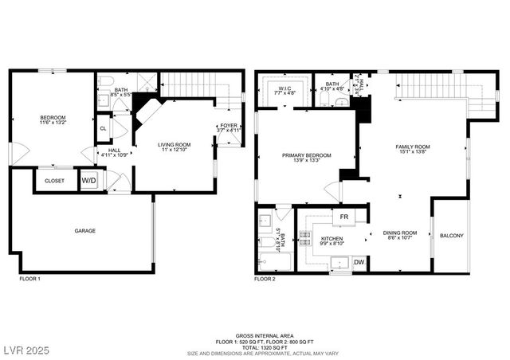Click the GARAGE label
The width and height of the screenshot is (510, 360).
click(85, 231)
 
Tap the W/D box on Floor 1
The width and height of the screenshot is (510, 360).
click(89, 181)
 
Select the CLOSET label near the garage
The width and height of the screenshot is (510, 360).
click(54, 181)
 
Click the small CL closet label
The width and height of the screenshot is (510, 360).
click(104, 127)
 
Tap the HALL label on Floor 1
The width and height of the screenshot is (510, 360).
click(104, 151)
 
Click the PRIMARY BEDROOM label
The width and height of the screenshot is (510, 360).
click(306, 157)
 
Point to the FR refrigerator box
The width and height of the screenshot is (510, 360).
click(344, 217)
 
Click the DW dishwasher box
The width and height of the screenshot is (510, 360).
click(359, 262)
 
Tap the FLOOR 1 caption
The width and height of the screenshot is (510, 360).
click(29, 280)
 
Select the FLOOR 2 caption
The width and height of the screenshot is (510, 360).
click(265, 280)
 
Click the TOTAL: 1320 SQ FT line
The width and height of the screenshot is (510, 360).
click(254, 347)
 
